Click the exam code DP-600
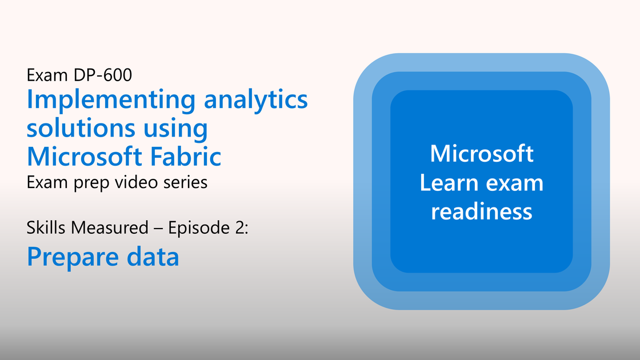[x=102, y=75]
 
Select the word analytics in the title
[x=255, y=99]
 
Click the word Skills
[x=46, y=228]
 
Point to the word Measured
[x=109, y=228]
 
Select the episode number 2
[x=240, y=228]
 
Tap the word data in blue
[x=153, y=257]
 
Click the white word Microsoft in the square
[x=482, y=154]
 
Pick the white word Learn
[x=449, y=183]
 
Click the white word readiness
[x=482, y=211]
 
